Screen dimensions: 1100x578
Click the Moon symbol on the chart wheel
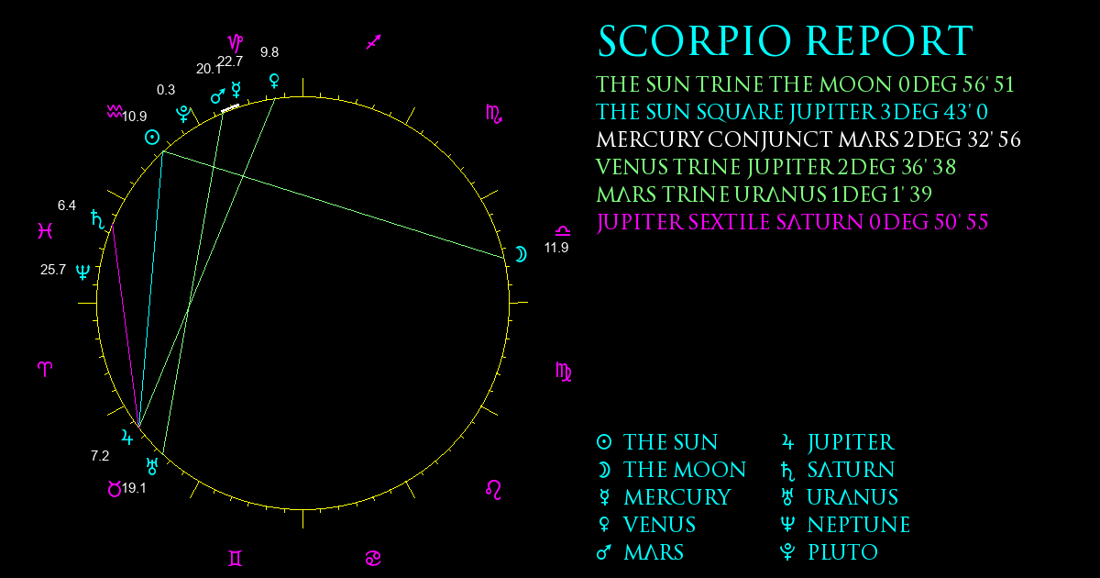click(522, 254)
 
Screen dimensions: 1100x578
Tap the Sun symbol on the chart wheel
click(152, 137)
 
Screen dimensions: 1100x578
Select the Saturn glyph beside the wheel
click(98, 219)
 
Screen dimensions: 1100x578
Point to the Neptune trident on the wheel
click(83, 272)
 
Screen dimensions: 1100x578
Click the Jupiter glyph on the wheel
click(127, 437)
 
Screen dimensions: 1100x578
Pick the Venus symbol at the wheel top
click(274, 81)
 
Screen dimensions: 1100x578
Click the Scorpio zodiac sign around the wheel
click(493, 114)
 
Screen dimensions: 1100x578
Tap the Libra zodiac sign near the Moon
click(563, 230)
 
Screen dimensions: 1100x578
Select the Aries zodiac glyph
click(45, 369)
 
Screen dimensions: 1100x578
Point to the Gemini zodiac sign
click(236, 559)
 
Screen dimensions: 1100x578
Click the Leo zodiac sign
click(493, 490)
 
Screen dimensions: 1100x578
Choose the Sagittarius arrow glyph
click(374, 42)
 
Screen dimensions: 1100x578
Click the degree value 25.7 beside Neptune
click(53, 270)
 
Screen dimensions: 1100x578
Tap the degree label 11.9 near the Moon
click(556, 248)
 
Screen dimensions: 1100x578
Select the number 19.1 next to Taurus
click(134, 488)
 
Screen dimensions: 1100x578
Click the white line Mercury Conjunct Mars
click(808, 139)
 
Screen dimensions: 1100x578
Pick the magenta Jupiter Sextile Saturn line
click(792, 222)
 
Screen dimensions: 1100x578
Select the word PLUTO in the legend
click(842, 552)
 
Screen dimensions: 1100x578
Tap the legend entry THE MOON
click(685, 470)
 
